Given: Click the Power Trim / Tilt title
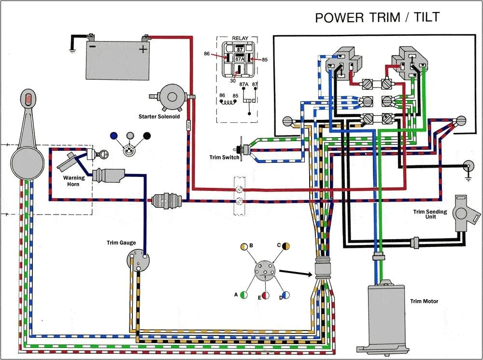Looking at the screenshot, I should coord(377,17).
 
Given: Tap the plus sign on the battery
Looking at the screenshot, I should coord(143,49).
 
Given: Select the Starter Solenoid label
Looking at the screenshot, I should coord(159,117).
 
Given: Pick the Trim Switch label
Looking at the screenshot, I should coord(224,158).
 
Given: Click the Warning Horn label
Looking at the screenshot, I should coord(74,181).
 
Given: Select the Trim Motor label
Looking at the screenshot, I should coord(424,302).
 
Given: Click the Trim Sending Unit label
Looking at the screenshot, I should coord(430,215).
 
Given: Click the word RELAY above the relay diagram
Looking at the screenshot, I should coord(240,38).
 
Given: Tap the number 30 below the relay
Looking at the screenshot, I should coord(233,81).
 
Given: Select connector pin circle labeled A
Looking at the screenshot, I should coord(244,294).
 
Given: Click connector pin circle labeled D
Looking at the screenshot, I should coord(286,294).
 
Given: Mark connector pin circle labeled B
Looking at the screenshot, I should coord(244,245).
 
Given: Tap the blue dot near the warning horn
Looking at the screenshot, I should coord(114,136).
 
